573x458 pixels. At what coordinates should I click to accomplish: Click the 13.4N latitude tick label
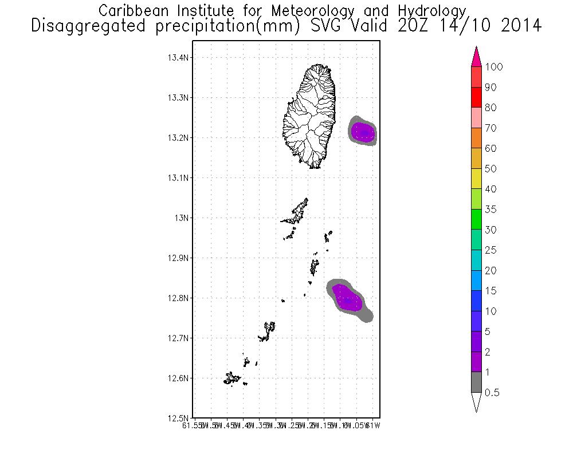pos(178,57)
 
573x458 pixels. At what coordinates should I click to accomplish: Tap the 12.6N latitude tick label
pos(178,378)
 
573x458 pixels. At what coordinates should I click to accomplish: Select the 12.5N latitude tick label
pos(178,418)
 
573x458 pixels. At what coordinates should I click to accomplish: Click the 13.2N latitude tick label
pos(178,137)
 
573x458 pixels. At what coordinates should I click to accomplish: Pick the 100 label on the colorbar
pos(493,67)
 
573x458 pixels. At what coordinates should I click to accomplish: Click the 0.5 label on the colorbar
pos(492,393)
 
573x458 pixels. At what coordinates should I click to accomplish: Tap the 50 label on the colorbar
pos(490,169)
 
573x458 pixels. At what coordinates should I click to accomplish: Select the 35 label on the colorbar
pos(490,210)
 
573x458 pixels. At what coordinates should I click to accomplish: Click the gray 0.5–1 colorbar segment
pos(476,382)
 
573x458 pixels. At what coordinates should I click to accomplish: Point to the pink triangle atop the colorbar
pos(476,57)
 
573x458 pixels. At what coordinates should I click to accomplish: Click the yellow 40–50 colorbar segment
pos(476,179)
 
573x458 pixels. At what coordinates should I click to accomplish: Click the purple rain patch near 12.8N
pos(347,298)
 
